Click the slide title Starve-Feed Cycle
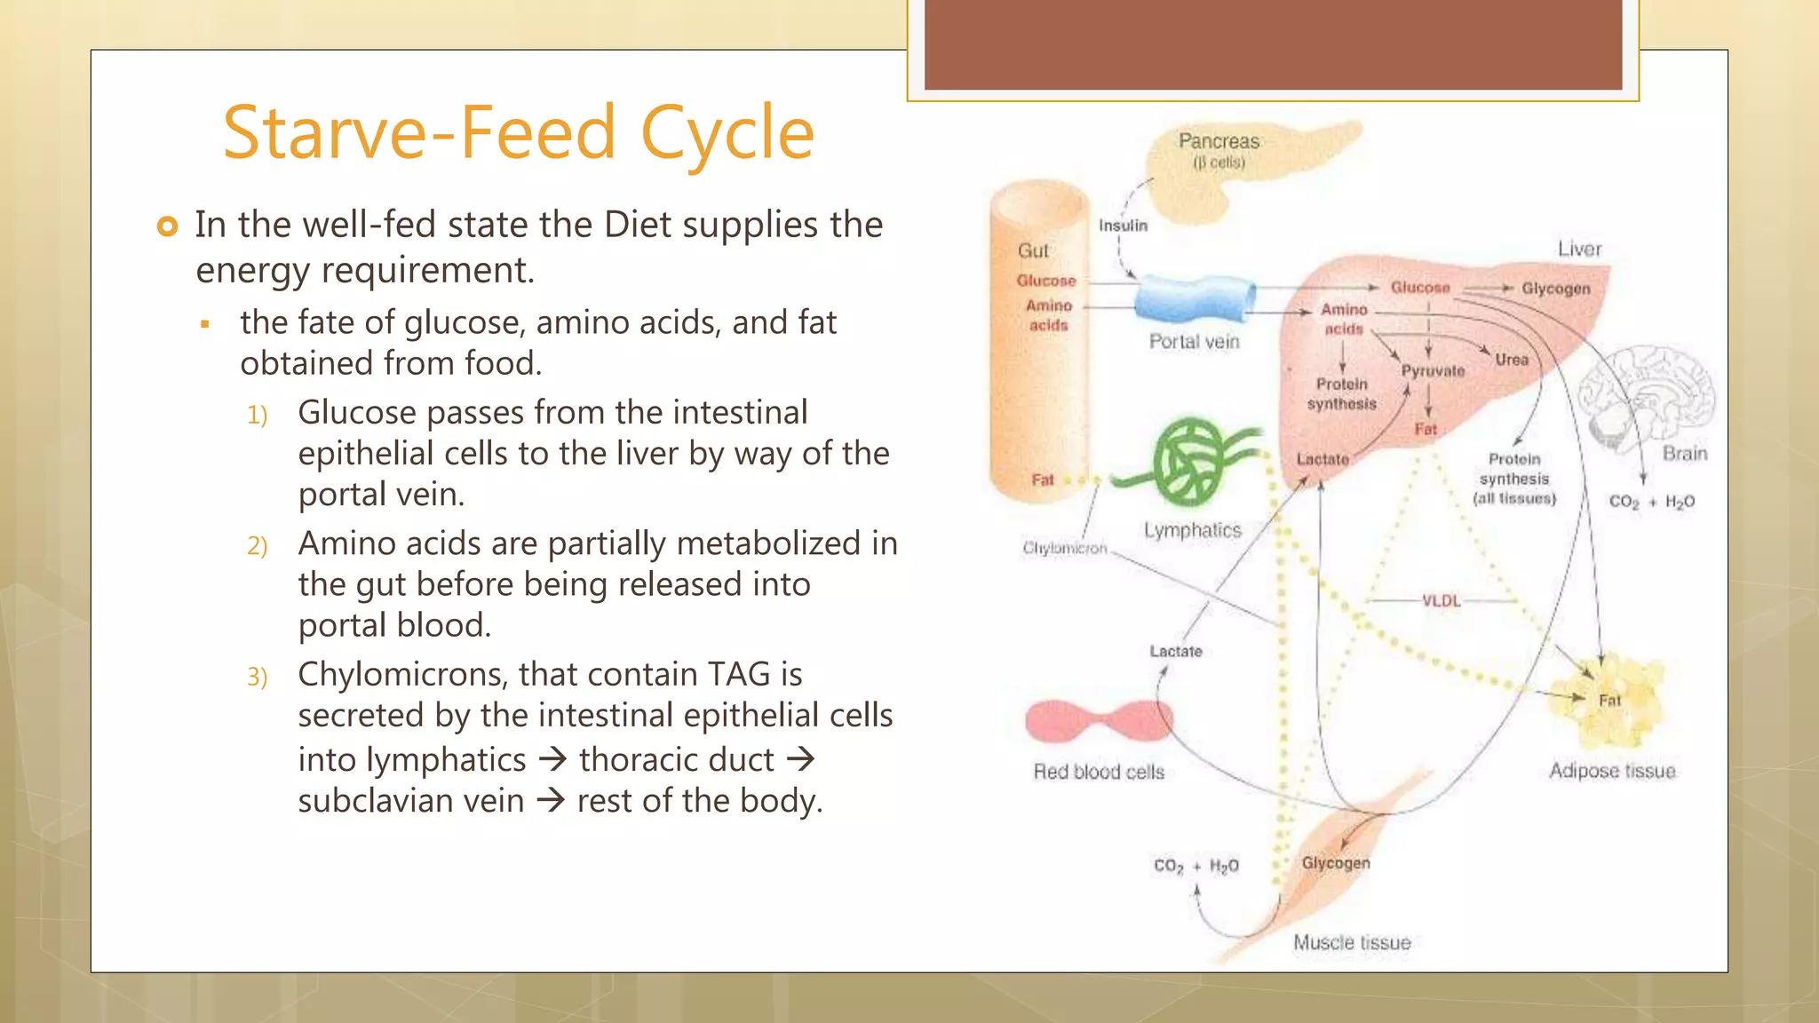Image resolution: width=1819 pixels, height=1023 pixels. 518,133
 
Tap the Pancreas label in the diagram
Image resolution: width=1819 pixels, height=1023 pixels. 1219,141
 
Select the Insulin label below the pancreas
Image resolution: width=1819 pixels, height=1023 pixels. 1123,226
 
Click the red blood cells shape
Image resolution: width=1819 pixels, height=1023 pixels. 1099,721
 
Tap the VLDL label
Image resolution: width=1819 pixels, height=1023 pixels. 1441,601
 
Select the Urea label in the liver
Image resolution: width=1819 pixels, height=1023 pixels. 1511,360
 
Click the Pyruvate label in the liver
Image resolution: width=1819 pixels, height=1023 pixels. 1433,371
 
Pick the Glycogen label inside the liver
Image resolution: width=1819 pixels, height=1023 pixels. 1555,289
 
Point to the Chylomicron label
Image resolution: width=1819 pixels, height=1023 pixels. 1064,548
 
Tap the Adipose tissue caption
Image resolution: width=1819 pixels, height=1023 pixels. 1612,771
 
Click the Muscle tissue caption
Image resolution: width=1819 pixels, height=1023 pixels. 1351,943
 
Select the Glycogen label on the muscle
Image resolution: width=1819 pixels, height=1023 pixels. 1335,863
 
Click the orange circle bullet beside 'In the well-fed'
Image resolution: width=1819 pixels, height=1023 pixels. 167,226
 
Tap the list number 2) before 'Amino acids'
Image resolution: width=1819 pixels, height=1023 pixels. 257,545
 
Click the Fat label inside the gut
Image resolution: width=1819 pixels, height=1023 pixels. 1042,480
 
